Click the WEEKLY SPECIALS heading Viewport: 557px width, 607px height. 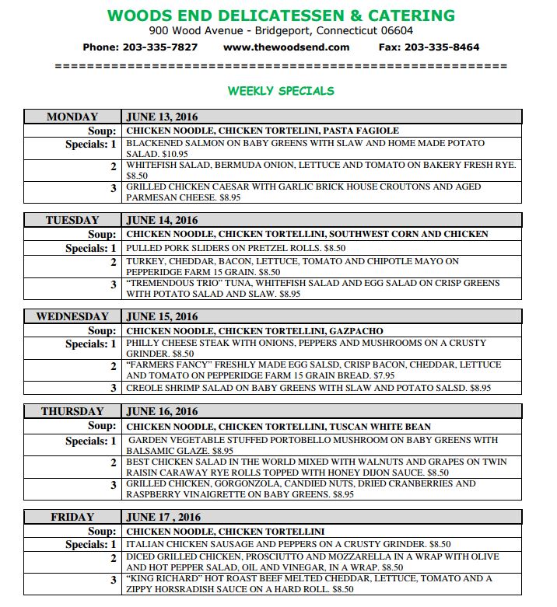click(x=280, y=91)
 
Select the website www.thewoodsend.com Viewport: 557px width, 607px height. click(x=286, y=47)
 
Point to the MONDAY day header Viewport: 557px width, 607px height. click(x=72, y=117)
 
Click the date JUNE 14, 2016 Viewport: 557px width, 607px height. click(x=163, y=220)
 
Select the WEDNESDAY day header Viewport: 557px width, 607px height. click(x=72, y=316)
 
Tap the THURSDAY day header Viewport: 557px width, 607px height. click(x=72, y=411)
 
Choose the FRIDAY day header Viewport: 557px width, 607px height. click(x=72, y=517)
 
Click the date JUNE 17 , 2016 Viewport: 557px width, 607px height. click(x=163, y=517)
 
